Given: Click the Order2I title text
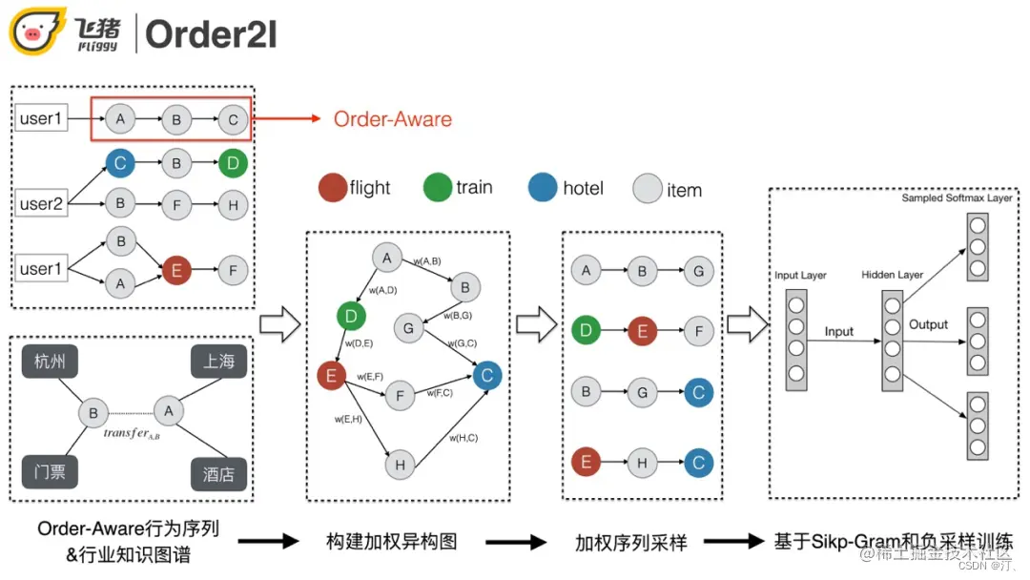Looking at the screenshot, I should pos(211,34).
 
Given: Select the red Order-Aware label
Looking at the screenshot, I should pos(392,119).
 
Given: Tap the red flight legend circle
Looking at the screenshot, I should pos(332,187).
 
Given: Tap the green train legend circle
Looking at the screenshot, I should pos(437,187).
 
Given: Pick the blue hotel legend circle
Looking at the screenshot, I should pos(543,187).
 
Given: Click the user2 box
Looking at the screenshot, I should pos(41,203).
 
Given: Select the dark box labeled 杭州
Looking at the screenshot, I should pos(50,361).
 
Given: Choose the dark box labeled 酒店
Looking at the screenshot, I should pos(218,473).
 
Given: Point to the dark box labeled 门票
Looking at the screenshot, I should pos(50,471).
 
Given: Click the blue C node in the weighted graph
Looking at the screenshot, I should pos(486,376).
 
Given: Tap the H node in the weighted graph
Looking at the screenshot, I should pos(400,465).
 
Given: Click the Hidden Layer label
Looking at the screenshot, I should pos(891,275).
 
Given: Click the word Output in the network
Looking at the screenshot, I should pos(928,324).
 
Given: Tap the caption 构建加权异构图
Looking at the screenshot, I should pos(391,541).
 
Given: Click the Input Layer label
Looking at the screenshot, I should pos(800,276).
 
